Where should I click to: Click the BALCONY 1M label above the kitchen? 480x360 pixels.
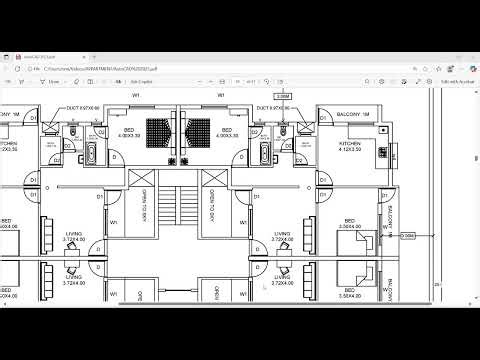coord(354,115)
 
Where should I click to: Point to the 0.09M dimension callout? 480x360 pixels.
coord(406,236)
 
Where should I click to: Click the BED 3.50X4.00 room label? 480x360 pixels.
coord(350,224)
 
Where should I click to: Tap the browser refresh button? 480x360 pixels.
coord(35,69)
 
